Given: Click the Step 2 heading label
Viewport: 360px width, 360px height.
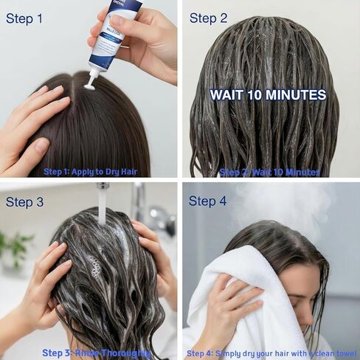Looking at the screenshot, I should pos(208,18).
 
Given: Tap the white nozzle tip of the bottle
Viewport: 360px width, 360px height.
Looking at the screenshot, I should pos(89,84).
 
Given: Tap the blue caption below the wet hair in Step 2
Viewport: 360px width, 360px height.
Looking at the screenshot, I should pos(269,172).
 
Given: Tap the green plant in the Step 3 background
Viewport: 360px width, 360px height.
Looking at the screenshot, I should pos(16,247).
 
